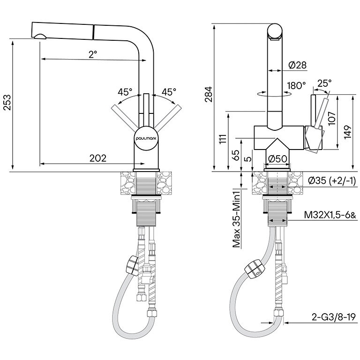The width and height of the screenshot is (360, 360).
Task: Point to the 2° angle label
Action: tap(92, 54)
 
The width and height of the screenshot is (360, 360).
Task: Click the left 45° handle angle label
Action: tap(125, 91)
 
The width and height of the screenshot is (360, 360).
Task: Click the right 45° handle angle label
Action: tap(169, 91)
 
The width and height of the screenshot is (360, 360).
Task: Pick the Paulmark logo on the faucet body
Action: tap(146, 139)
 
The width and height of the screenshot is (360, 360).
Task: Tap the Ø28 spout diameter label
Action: tap(298, 65)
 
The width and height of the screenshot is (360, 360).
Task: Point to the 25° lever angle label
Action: tap(324, 83)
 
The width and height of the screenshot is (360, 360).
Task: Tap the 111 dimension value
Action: tap(223, 138)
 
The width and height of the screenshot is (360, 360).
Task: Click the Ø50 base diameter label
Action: tap(277, 159)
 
